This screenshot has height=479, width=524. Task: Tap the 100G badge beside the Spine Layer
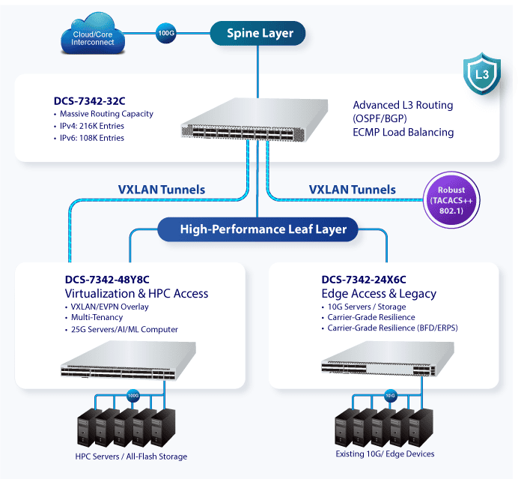(166, 33)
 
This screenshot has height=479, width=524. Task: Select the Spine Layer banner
(258, 33)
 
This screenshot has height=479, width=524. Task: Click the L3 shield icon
(482, 73)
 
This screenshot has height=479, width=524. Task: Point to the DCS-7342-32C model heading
(89, 100)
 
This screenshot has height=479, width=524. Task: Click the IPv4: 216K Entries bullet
(89, 126)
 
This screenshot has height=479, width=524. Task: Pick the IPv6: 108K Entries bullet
(89, 138)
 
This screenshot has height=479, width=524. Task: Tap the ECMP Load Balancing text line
(403, 132)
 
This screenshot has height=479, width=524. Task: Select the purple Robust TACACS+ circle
(451, 200)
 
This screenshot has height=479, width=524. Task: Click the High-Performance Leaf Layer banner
(258, 229)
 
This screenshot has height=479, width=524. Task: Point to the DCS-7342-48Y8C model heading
(107, 280)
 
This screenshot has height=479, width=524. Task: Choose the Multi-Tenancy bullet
(94, 317)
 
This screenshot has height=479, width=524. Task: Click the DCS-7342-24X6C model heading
(364, 280)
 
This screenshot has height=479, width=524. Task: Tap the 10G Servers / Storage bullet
(364, 307)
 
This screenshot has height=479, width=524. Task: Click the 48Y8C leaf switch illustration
(128, 361)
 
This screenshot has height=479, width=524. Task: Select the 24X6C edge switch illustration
(388, 359)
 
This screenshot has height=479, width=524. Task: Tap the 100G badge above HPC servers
(133, 396)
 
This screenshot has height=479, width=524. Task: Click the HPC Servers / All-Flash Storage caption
(131, 457)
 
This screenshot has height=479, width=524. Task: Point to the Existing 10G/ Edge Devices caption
(385, 454)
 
